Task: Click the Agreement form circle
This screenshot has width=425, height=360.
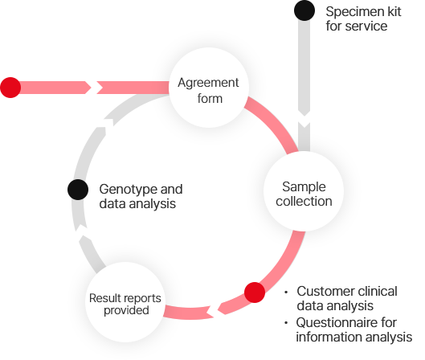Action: point(208,88)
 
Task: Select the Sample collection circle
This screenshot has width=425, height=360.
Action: point(304,191)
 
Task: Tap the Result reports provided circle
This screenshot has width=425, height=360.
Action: point(125,302)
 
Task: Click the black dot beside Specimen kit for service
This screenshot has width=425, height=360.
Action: point(304,10)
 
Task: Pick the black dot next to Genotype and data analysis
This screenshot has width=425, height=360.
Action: point(78,190)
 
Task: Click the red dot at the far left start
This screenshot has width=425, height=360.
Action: point(10,88)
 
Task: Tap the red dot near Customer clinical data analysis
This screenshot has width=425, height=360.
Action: point(255,292)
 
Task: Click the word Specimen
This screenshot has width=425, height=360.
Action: point(350,12)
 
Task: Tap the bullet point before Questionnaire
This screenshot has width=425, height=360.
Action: point(286,323)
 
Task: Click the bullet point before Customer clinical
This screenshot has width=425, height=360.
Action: point(286,292)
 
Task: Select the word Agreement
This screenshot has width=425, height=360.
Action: point(208,83)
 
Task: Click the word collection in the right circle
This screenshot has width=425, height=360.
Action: point(304,202)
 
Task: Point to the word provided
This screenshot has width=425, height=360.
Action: point(126,310)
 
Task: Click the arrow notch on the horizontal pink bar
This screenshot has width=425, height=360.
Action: point(94,88)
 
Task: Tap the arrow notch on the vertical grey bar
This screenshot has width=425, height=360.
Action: point(304,118)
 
